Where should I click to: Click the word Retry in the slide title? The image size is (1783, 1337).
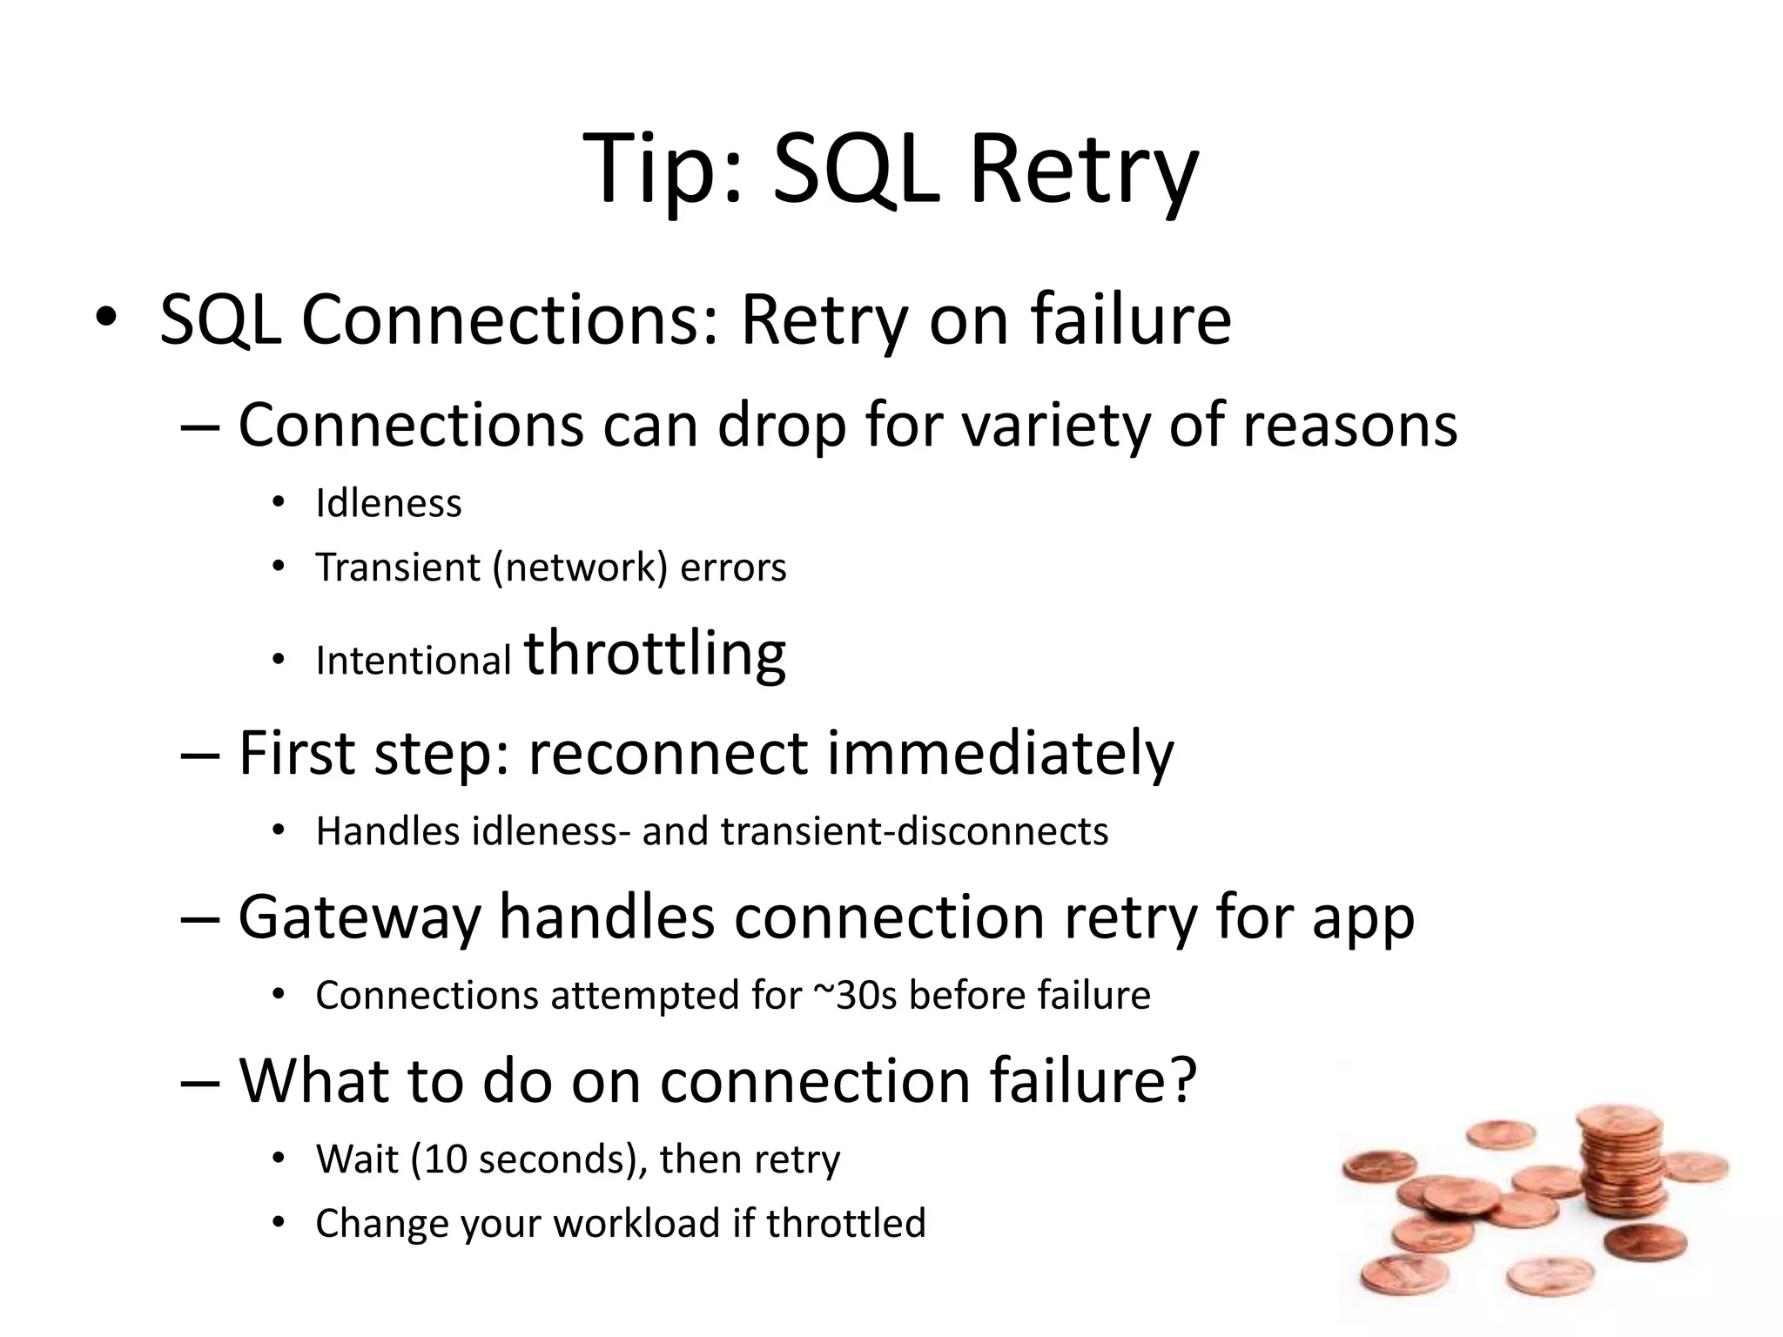[x=1083, y=170]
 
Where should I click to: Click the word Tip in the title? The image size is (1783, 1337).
[x=663, y=170]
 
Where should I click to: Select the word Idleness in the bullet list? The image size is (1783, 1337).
[x=388, y=503]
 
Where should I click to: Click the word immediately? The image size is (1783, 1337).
[x=999, y=753]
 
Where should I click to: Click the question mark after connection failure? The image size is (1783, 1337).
[x=1181, y=1080]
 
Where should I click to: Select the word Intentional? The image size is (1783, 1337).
[x=413, y=661]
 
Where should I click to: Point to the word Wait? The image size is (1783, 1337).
[x=356, y=1159]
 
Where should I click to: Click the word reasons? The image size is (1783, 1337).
[x=1349, y=427]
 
